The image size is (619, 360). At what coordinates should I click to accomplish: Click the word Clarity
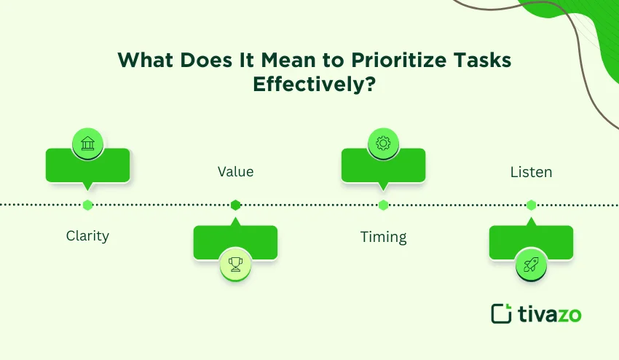point(87,235)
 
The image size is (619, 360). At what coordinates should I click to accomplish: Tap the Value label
point(235,172)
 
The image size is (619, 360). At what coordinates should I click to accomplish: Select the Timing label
point(383,237)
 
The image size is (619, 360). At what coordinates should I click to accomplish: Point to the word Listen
point(531,173)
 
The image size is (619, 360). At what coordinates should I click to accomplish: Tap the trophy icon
point(235,263)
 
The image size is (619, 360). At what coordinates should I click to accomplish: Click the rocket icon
point(531,264)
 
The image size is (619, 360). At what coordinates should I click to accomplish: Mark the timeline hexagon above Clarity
point(87,205)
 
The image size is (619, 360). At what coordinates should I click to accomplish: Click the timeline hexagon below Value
point(235,205)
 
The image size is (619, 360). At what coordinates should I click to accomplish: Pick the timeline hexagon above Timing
point(383,205)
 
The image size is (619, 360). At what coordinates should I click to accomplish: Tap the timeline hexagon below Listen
point(531,205)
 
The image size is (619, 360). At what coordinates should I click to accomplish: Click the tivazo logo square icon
point(501,313)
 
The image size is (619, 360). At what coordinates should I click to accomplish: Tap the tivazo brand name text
point(549,314)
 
